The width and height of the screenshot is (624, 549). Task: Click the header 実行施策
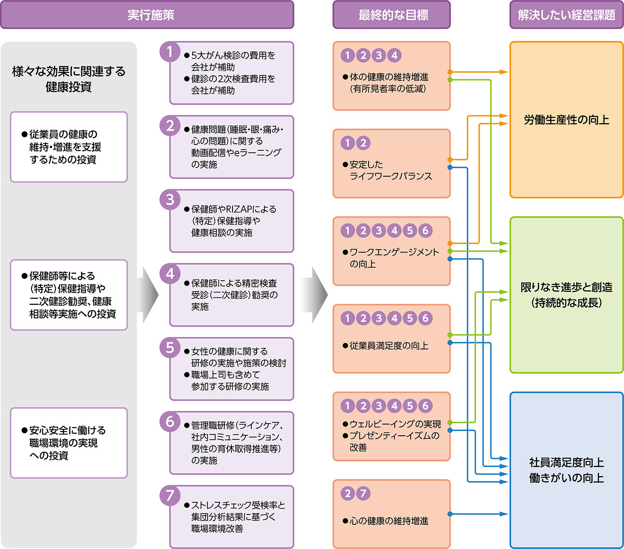pos(151,15)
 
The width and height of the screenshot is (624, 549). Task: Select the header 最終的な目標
pos(393,15)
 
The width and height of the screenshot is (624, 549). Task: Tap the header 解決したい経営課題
pos(566,15)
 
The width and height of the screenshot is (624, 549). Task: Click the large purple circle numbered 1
pos(170,52)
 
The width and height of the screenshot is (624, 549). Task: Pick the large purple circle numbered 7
pos(170,495)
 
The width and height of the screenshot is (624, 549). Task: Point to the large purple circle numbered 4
pos(170,274)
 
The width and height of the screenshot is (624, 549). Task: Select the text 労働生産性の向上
pos(566,120)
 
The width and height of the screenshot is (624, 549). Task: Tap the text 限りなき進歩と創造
pos(566,287)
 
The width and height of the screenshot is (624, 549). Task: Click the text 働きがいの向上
pos(566,478)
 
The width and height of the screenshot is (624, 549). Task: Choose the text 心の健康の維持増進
pos(389,521)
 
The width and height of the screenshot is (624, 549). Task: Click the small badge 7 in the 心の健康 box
pos(363,494)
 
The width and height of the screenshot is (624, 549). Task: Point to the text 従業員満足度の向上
pos(389,346)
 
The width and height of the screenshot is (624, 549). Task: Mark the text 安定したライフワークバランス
pos(390,170)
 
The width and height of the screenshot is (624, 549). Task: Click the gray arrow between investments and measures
pos(150,295)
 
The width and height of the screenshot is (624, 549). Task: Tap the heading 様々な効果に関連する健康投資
pos(69,79)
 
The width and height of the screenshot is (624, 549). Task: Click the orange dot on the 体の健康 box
pos(450,72)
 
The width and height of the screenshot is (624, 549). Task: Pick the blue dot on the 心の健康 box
pos(450,514)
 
